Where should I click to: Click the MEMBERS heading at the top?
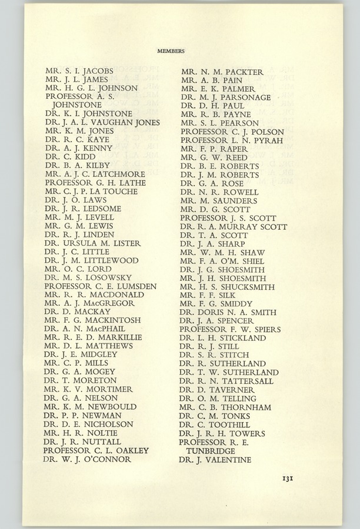[171, 51]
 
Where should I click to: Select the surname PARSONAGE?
[243, 97]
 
